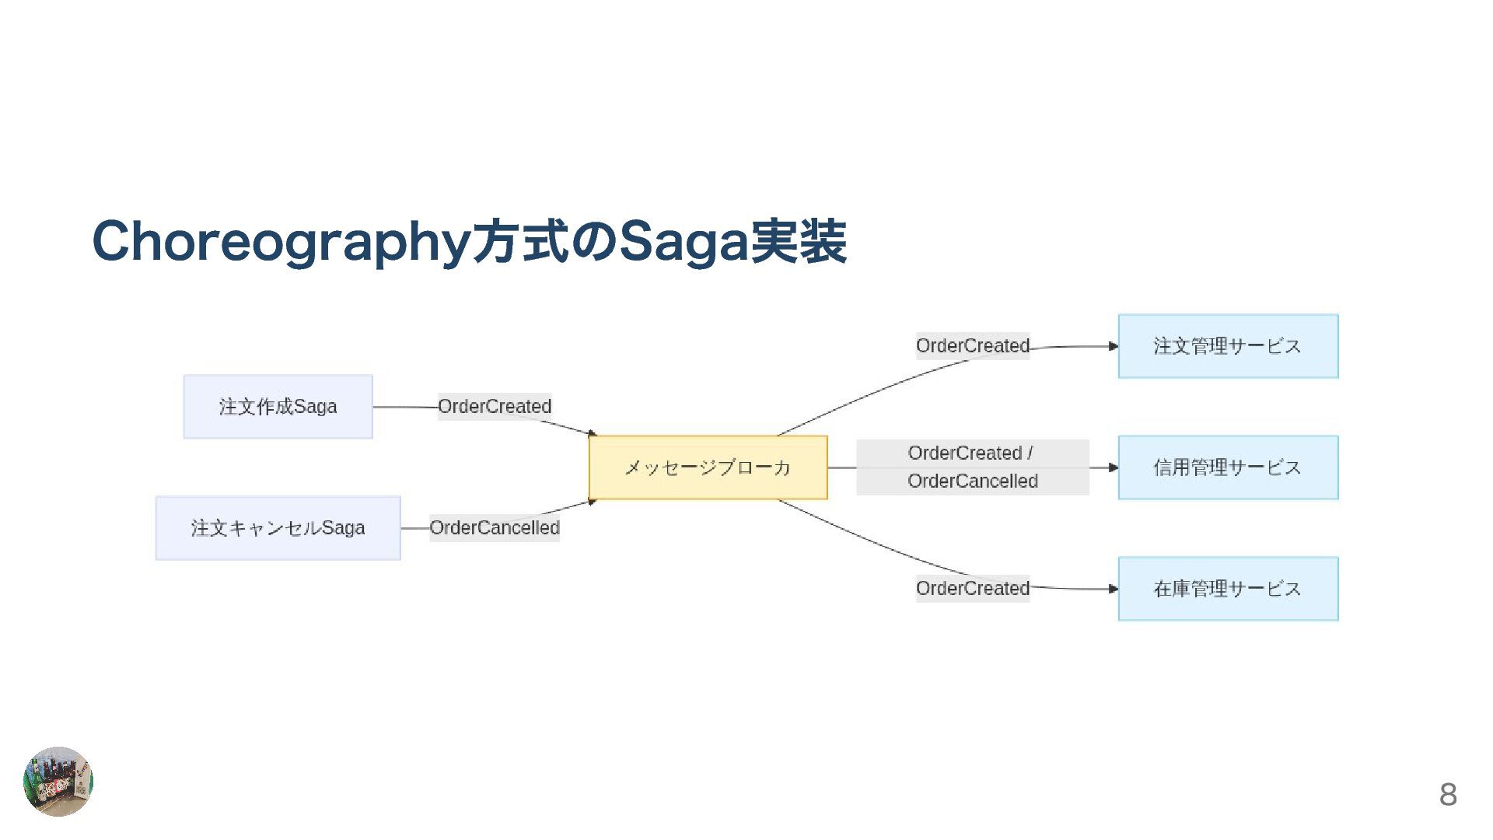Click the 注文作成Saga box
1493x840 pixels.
(x=278, y=407)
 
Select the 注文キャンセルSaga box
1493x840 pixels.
(x=278, y=528)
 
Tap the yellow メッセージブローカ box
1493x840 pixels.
(x=708, y=467)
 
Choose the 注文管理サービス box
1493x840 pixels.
(x=1228, y=346)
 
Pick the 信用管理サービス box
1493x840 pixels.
(x=1228, y=467)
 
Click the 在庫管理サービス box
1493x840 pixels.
(x=1228, y=589)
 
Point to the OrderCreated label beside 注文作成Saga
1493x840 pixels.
(x=495, y=407)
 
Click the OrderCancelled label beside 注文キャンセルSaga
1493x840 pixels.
(x=495, y=528)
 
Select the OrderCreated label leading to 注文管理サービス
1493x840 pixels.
(x=972, y=346)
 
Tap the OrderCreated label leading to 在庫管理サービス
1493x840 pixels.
(x=972, y=589)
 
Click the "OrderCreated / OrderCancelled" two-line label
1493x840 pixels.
(x=972, y=467)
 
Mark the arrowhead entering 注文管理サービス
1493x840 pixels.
(x=1113, y=346)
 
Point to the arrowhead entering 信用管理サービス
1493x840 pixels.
(x=1113, y=467)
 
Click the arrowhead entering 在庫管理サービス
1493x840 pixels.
(x=1113, y=589)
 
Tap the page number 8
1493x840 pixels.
(x=1448, y=794)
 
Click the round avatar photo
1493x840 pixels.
(x=58, y=781)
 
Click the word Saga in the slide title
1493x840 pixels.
(x=682, y=242)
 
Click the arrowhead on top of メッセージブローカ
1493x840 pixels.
(x=593, y=433)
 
